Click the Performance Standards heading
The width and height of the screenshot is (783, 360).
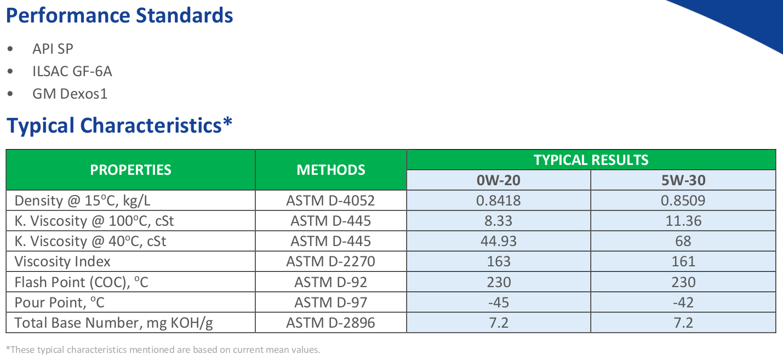click(119, 16)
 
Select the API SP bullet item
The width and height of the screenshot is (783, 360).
click(53, 49)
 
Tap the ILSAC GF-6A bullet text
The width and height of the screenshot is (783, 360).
click(72, 71)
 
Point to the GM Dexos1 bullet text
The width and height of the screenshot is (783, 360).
click(70, 94)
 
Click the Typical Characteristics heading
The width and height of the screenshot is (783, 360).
click(119, 126)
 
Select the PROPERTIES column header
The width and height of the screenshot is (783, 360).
click(131, 170)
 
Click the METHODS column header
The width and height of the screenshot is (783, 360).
click(330, 170)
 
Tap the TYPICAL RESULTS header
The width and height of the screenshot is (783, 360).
click(591, 160)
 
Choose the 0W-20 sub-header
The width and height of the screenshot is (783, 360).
click(499, 180)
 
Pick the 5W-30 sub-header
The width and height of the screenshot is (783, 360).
click(683, 180)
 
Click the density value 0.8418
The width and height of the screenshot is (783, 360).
click(499, 201)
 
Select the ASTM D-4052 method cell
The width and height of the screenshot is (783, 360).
click(330, 201)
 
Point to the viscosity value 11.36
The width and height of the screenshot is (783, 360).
click(683, 221)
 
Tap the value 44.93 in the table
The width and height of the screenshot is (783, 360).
click(499, 241)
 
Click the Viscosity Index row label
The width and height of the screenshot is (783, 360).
click(62, 261)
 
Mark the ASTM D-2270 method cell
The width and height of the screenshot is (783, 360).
click(330, 261)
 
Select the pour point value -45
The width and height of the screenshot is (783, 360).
click(499, 302)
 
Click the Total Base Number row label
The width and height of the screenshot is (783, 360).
click(113, 323)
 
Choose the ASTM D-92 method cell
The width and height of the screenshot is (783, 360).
click(330, 282)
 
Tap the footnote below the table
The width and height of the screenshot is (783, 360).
click(163, 350)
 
